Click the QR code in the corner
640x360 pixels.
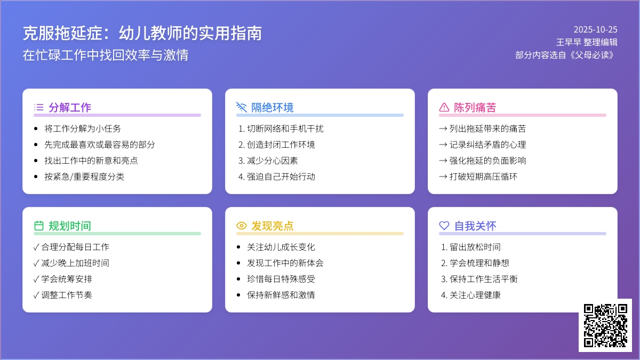tap(605, 325)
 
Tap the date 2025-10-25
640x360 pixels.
tap(595, 30)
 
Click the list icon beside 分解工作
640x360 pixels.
tap(39, 107)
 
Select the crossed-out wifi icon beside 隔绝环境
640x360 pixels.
tap(242, 107)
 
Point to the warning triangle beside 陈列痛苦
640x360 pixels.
tap(444, 107)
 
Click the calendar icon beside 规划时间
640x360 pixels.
tap(39, 226)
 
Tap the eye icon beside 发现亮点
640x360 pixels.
tap(242, 226)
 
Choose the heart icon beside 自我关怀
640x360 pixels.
tap(444, 226)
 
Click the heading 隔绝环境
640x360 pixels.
tap(273, 107)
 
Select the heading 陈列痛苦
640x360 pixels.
tap(475, 107)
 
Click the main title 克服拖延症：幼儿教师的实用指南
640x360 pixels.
tap(142, 34)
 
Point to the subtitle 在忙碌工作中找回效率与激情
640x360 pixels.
tap(106, 55)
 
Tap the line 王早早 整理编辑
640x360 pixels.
tap(587, 42)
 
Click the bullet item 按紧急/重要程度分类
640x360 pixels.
tap(84, 177)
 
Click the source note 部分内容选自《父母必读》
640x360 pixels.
tap(566, 54)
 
